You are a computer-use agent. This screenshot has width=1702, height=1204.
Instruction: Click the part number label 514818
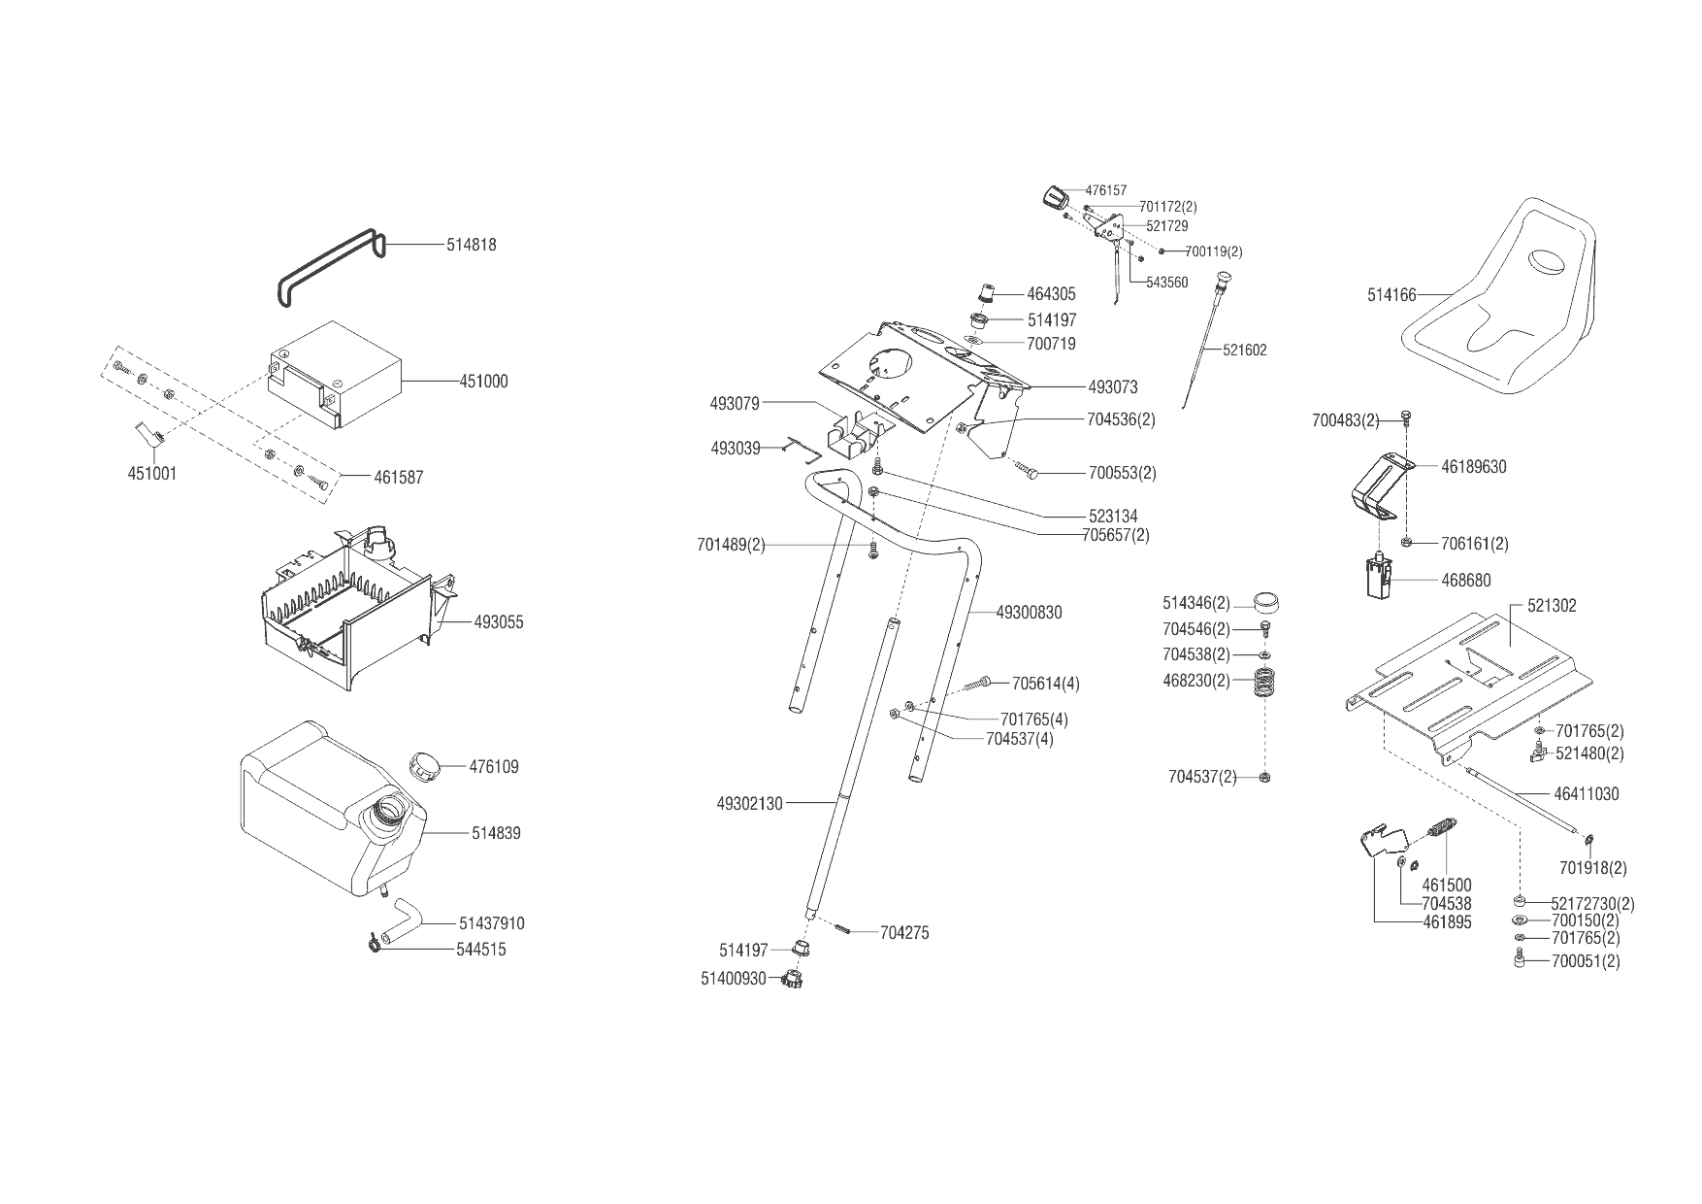tap(471, 245)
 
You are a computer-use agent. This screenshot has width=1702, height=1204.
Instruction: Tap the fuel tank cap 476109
tap(424, 765)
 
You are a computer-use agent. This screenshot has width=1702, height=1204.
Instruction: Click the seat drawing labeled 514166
tap(1499, 306)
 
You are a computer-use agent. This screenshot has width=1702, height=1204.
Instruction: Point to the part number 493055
tap(499, 622)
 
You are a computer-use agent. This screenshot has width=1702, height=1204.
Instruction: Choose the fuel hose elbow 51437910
tap(402, 920)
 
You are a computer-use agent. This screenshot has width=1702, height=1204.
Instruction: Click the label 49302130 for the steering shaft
tap(749, 804)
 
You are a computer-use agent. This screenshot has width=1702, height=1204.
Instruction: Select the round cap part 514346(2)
tap(1264, 602)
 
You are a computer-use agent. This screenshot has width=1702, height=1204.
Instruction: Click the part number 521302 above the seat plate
tap(1552, 606)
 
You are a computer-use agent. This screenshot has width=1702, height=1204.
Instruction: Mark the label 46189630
tap(1473, 467)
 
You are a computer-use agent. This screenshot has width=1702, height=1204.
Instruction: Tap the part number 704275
tap(903, 933)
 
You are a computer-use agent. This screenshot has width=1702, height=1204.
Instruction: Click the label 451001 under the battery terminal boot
tap(152, 474)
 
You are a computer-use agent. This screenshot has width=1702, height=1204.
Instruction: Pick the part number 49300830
tap(1029, 613)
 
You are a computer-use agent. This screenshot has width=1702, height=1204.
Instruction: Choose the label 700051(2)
tap(1586, 961)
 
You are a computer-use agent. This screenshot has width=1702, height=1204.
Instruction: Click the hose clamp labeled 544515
tap(374, 943)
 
